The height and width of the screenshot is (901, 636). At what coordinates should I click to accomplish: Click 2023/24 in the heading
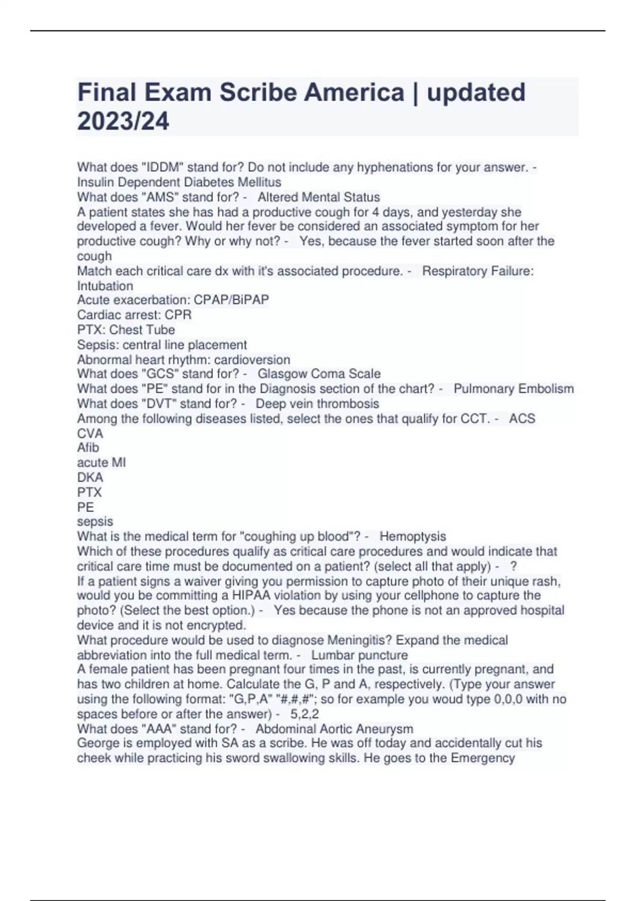click(123, 121)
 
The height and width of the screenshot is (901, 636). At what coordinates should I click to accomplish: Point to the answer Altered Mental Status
click(319, 197)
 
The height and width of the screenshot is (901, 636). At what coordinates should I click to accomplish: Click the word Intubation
click(105, 286)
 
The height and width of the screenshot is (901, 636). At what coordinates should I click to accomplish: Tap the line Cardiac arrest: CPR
click(134, 315)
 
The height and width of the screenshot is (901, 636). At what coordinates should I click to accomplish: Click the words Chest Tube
click(142, 330)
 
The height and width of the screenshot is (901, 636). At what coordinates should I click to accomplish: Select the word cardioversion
click(252, 360)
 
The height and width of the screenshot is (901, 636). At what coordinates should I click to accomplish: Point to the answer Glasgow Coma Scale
click(319, 374)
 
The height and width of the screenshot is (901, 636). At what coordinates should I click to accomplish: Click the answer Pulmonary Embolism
click(514, 389)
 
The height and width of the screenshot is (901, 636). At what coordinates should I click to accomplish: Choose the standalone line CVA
click(90, 434)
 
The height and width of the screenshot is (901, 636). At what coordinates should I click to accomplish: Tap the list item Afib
click(88, 448)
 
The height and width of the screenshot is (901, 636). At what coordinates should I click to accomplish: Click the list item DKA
click(90, 478)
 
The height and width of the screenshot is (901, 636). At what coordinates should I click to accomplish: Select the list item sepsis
click(95, 522)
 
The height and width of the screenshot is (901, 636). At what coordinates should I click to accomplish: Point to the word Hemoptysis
click(412, 537)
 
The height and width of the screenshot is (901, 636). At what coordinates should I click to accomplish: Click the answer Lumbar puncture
click(359, 655)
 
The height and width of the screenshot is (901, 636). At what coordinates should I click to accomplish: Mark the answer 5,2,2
click(305, 714)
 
